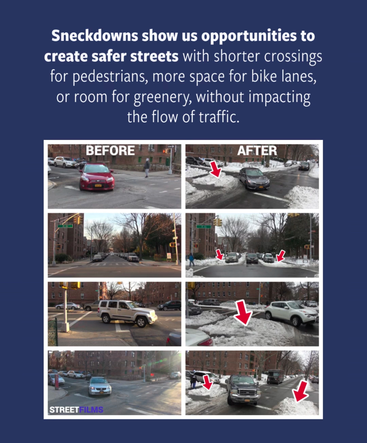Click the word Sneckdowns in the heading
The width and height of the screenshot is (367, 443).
(95, 35)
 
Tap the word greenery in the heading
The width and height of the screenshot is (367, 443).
(163, 97)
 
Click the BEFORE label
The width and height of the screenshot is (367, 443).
(110, 150)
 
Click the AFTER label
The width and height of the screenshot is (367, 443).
(257, 150)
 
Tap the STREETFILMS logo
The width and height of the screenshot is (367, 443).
(76, 410)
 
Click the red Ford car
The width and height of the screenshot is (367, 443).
(97, 177)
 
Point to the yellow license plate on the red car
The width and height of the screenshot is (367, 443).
(98, 185)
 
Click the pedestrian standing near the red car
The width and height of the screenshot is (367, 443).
(147, 168)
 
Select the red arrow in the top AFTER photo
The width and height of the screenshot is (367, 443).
(216, 169)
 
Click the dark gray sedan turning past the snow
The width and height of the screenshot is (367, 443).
(254, 179)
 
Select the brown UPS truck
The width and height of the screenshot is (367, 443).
(275, 376)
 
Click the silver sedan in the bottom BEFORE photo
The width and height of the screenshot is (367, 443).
(100, 386)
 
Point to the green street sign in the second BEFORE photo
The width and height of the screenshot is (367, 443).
(65, 226)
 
